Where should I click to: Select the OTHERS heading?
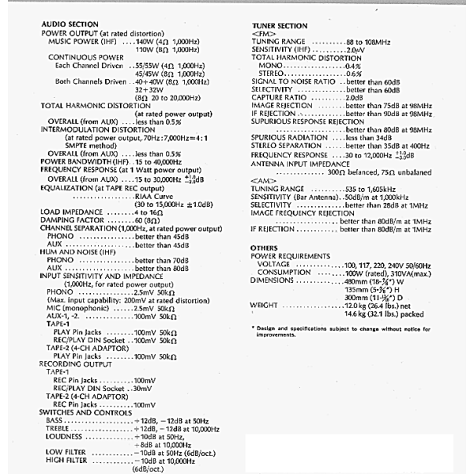[x=263, y=248]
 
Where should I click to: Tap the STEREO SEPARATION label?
[x=284, y=145]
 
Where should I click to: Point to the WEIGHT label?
[x=264, y=303]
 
